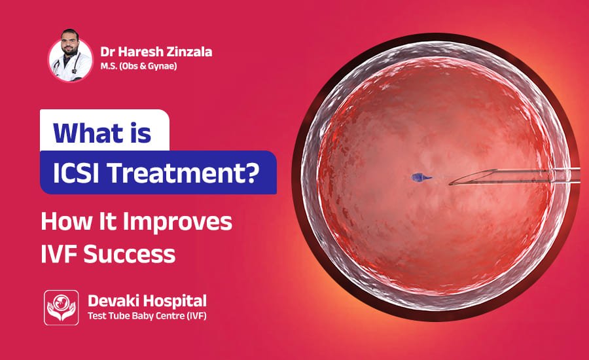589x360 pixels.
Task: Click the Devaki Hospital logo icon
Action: [x=61, y=308]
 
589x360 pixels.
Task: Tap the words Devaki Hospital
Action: [x=147, y=301]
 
